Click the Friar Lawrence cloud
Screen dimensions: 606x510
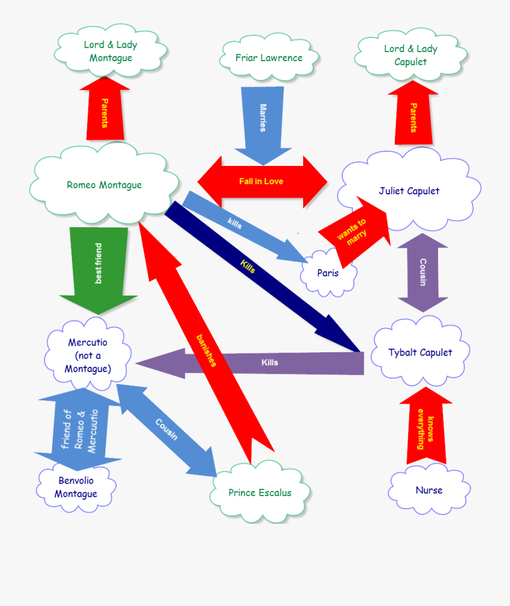pyautogui.click(x=269, y=58)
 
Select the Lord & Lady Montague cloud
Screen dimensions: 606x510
pyautogui.click(x=111, y=51)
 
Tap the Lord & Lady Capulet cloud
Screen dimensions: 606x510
pyautogui.click(x=411, y=55)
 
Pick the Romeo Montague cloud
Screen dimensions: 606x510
pyautogui.click(x=104, y=185)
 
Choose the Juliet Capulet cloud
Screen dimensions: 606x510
pyautogui.click(x=409, y=191)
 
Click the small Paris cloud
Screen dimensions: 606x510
pyautogui.click(x=328, y=273)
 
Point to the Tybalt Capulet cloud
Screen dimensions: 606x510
pyautogui.click(x=420, y=352)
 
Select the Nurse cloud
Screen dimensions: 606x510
pyautogui.click(x=429, y=490)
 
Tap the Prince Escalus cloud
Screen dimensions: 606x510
pyautogui.click(x=260, y=493)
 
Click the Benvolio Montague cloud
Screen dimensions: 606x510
pyautogui.click(x=76, y=487)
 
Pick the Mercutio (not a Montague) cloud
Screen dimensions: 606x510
pyautogui.click(x=88, y=356)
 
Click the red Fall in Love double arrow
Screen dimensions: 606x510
pyautogui.click(x=262, y=181)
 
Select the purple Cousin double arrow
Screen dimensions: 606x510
pyautogui.click(x=423, y=272)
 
